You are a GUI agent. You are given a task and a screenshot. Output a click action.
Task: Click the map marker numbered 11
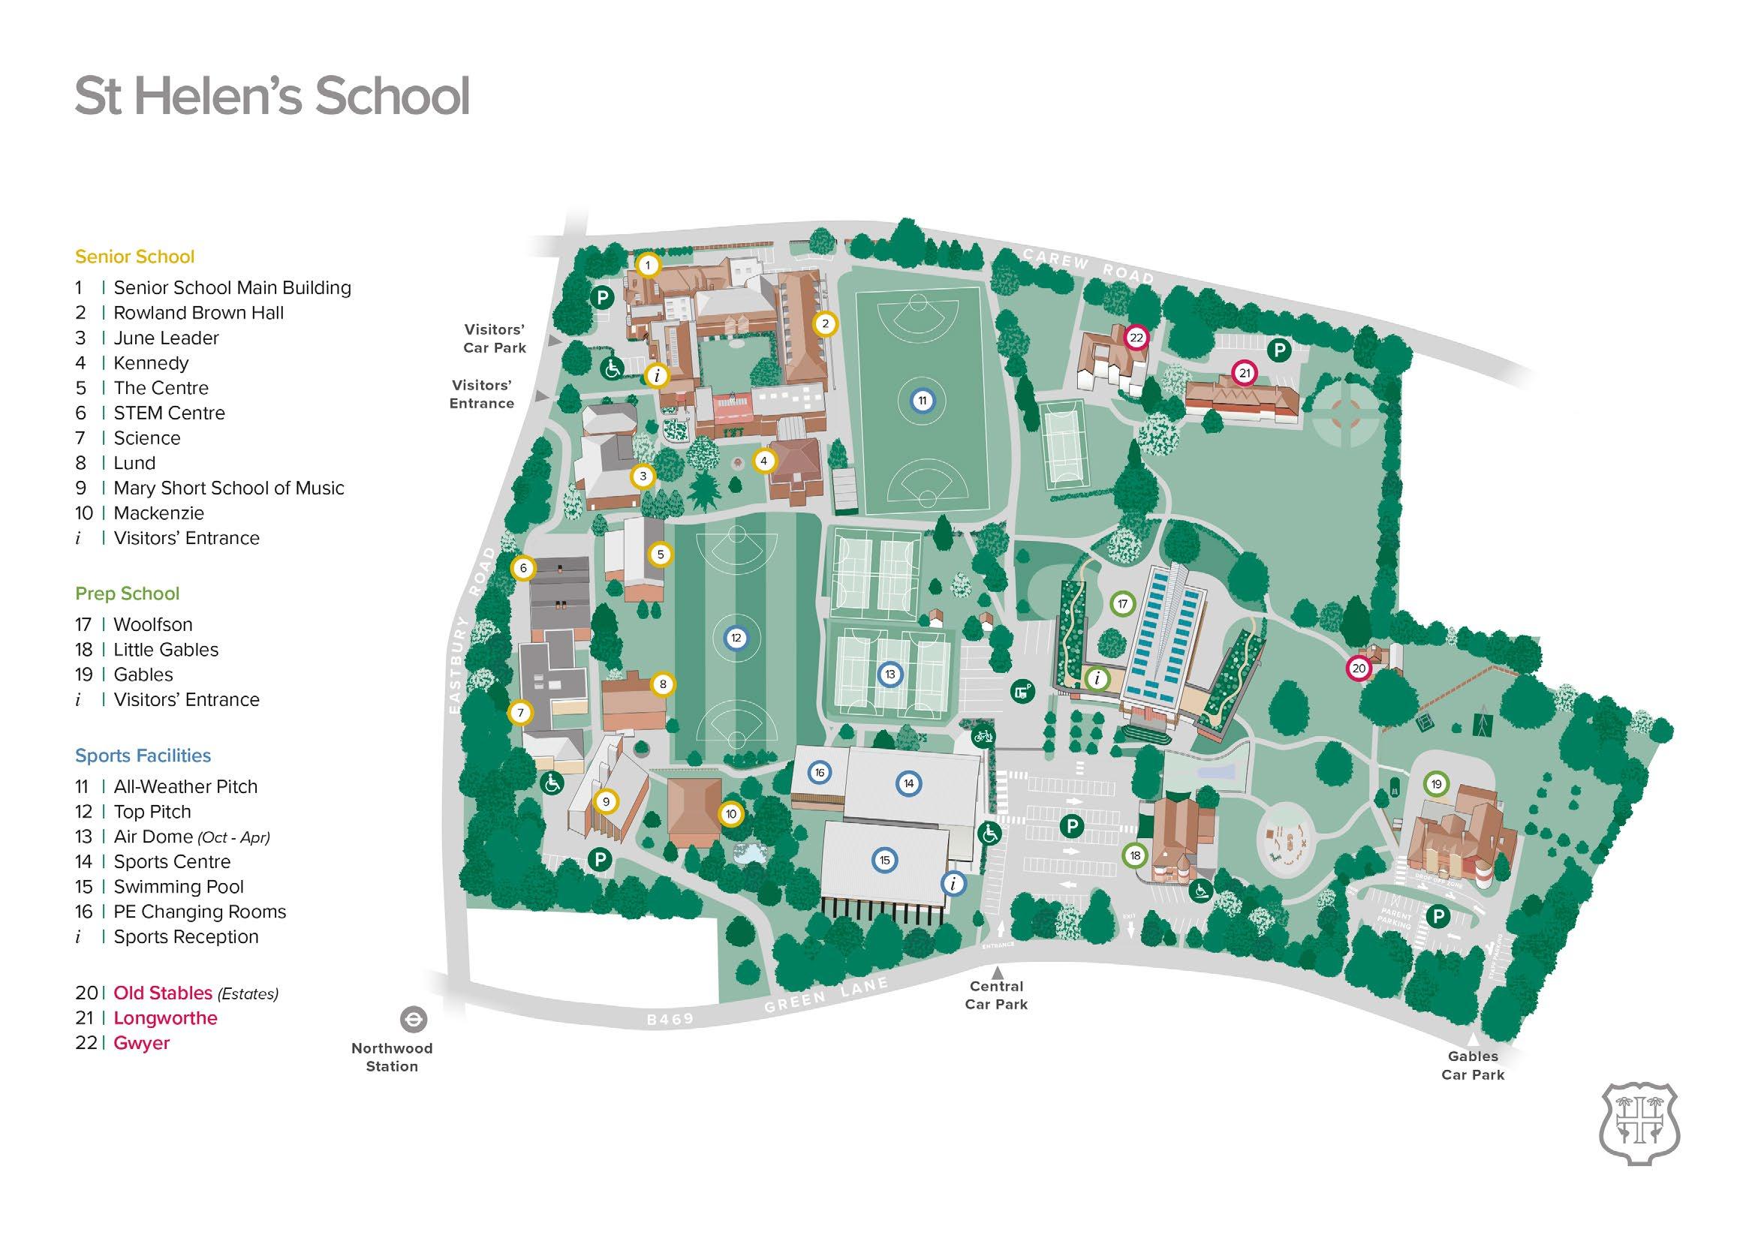click(922, 401)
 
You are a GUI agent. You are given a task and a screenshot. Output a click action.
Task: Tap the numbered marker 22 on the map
click(1136, 338)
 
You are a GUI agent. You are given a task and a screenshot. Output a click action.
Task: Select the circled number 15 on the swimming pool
click(884, 860)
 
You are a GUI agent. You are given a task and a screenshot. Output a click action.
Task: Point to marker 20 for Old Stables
click(1359, 668)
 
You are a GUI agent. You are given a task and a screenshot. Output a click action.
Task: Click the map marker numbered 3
click(643, 476)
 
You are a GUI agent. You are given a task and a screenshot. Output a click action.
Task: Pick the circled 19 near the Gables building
click(1435, 784)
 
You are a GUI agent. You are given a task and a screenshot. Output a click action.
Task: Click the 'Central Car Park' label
click(996, 996)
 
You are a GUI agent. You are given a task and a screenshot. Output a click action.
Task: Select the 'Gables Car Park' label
click(1472, 1065)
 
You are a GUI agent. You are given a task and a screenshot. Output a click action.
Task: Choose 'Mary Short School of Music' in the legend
click(228, 488)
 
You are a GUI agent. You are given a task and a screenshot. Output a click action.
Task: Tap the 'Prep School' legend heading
click(127, 593)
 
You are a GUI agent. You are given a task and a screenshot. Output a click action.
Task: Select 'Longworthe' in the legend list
click(165, 1018)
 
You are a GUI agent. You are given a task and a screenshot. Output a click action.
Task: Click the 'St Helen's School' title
click(272, 95)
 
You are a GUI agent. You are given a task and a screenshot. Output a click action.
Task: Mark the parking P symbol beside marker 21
click(1279, 350)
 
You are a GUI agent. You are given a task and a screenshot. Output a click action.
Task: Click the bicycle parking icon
click(983, 738)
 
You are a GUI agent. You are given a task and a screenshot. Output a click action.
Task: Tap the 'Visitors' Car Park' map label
click(495, 338)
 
